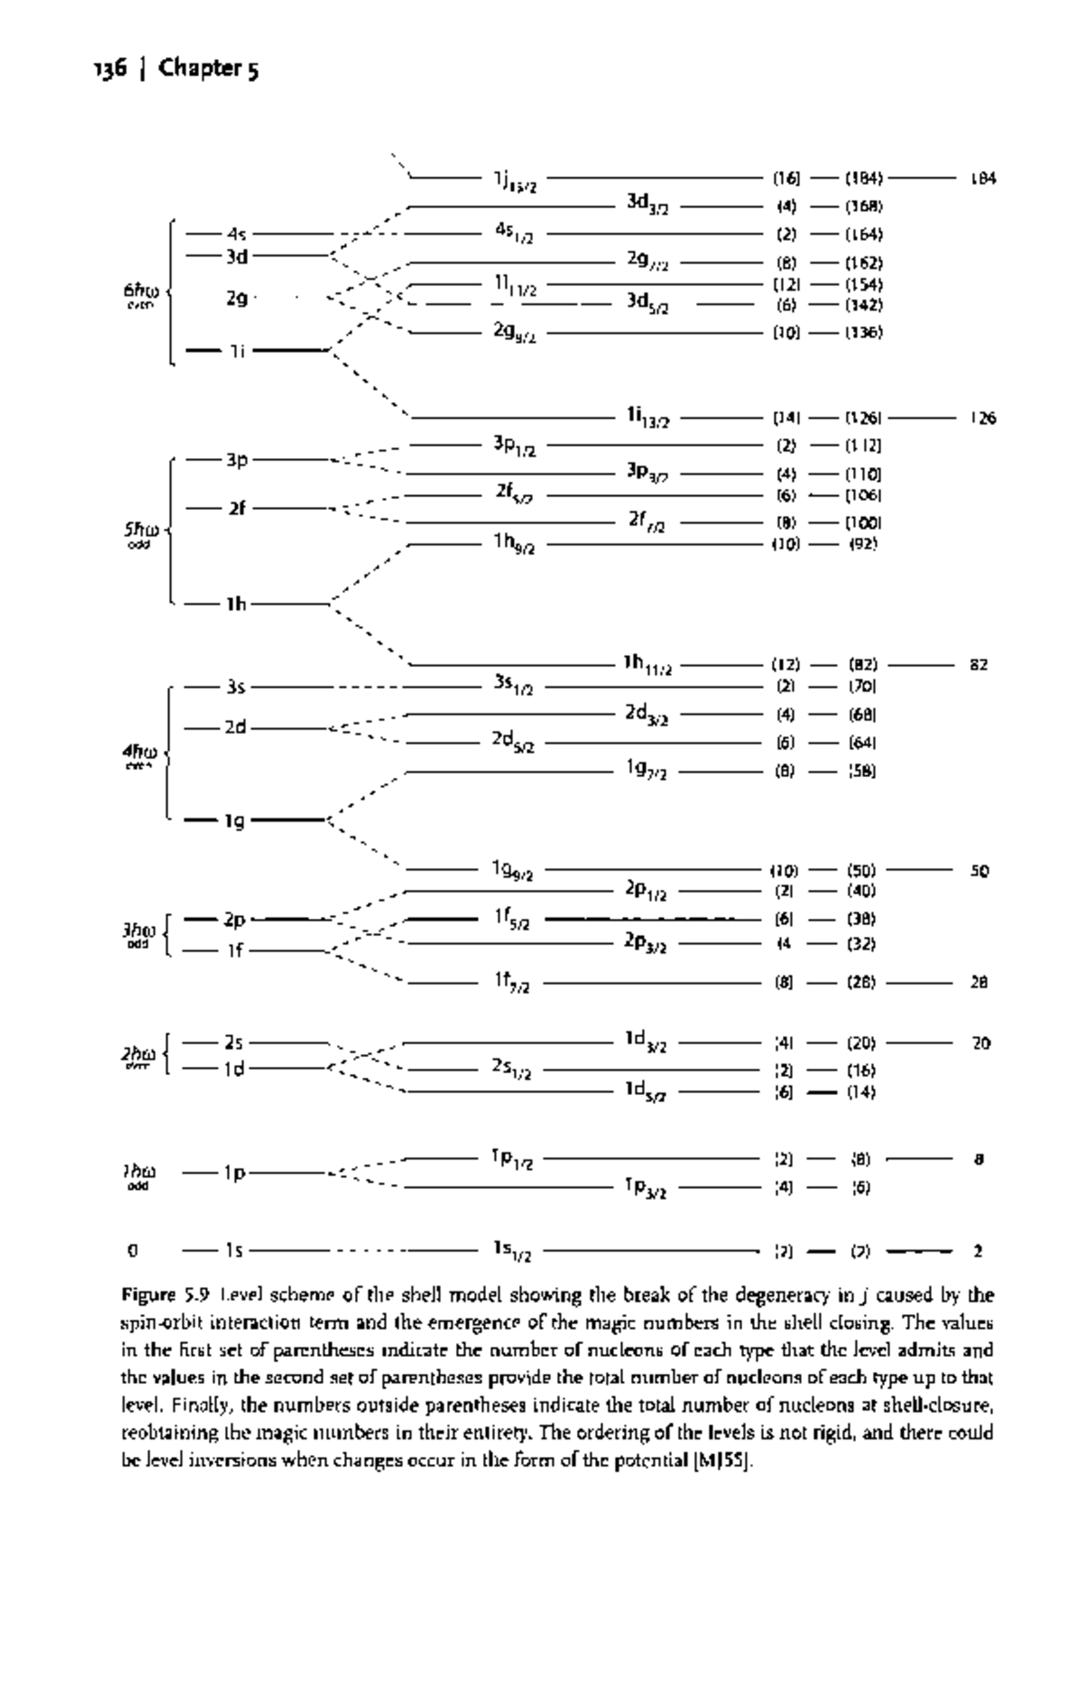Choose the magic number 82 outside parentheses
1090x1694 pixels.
(979, 665)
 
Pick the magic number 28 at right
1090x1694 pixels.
(978, 982)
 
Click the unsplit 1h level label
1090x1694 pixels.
(236, 603)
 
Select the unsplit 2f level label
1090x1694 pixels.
(236, 509)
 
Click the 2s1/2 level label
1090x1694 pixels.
(512, 1070)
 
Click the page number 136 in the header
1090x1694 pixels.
(109, 69)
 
